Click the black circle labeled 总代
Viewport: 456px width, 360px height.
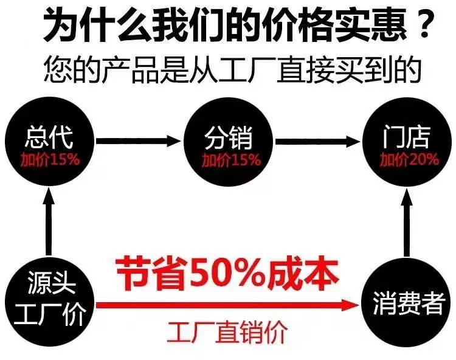49,142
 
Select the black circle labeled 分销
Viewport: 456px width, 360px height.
228,142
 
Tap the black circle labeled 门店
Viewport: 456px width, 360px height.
407,142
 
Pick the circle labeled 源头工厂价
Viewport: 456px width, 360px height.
49,302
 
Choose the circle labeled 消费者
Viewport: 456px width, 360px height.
407,302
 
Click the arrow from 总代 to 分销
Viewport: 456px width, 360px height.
139,141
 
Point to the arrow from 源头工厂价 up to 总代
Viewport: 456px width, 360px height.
49,221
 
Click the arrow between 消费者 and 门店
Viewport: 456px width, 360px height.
407,223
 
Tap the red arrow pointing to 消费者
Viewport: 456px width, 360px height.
227,305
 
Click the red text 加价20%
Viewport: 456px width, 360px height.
409,159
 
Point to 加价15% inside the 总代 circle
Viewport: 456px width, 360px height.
50,159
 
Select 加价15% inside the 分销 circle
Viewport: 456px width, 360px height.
232,160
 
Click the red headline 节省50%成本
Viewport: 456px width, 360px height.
227,274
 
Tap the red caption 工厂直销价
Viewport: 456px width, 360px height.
227,332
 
